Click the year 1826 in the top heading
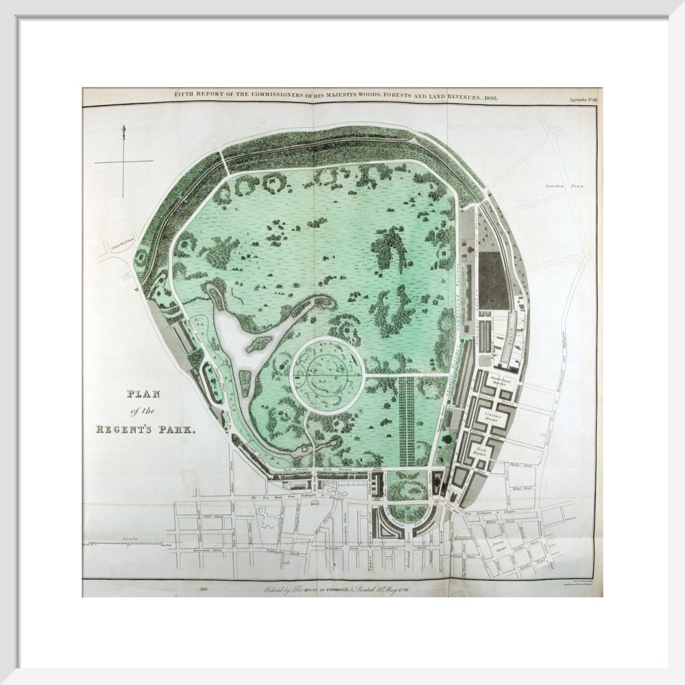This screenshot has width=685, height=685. [x=488, y=97]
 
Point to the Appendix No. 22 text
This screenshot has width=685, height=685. [x=584, y=99]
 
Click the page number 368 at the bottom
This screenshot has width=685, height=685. [x=203, y=588]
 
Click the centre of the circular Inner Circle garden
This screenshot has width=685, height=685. [x=326, y=375]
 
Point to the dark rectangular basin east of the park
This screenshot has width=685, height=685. [x=494, y=280]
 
